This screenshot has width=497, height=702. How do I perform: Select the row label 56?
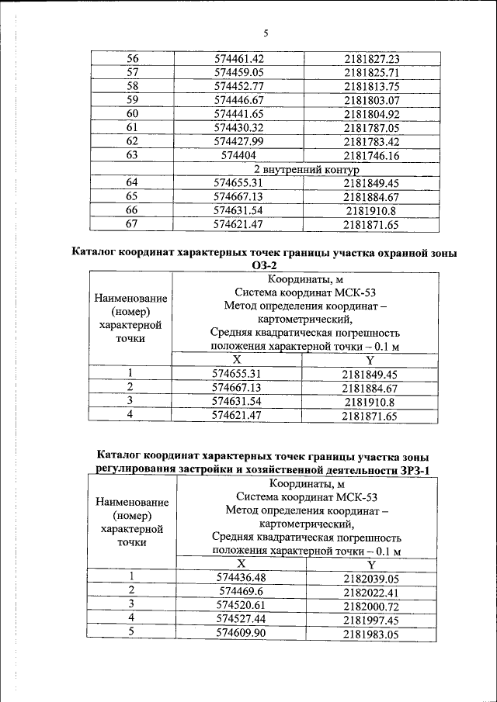tap(131, 59)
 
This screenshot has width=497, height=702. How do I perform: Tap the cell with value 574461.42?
tap(239, 59)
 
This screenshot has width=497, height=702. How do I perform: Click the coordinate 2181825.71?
tap(371, 73)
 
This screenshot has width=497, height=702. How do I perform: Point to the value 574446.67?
tap(239, 100)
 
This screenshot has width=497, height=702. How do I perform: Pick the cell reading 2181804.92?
tap(371, 114)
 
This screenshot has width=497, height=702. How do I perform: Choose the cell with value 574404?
tap(239, 155)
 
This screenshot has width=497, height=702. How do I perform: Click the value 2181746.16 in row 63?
tap(371, 155)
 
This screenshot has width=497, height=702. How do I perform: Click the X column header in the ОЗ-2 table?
tap(237, 360)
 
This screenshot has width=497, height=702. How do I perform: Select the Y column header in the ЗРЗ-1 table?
tap(371, 564)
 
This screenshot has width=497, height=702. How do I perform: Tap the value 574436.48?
tap(243, 578)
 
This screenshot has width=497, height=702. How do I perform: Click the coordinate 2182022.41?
tap(371, 592)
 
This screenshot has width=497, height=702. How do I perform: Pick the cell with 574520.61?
tap(243, 605)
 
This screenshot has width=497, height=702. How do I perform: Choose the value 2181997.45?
tap(371, 619)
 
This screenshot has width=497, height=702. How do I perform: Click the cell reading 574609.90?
tap(243, 633)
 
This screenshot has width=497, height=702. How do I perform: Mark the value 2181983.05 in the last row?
tap(371, 633)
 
